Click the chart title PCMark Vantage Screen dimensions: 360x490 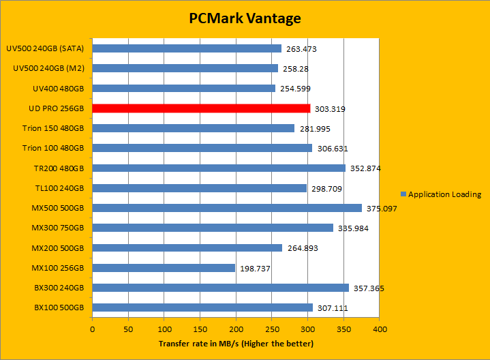(245, 18)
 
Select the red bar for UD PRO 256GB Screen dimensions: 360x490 (201, 108)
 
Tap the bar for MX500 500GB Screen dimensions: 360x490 (227, 208)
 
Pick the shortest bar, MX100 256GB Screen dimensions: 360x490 (164, 268)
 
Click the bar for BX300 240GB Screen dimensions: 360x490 (220, 288)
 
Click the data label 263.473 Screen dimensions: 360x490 (303, 49)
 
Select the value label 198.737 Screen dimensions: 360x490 (256, 269)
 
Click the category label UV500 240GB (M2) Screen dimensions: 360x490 (48, 69)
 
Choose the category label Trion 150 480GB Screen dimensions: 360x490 (53, 128)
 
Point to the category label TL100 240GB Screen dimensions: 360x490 (57, 188)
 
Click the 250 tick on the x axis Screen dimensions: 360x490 (272, 329)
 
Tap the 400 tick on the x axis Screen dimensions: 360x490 (380, 329)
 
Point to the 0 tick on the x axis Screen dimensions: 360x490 (93, 329)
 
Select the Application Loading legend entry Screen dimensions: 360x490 (442, 194)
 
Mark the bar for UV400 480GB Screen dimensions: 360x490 (184, 89)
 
